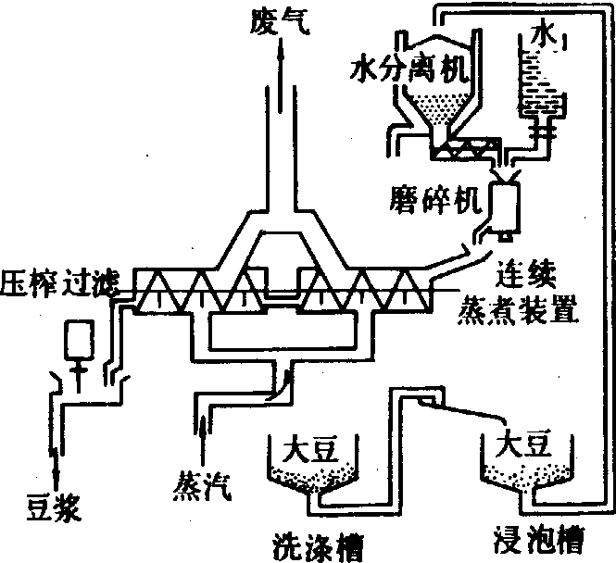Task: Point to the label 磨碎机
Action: (432, 197)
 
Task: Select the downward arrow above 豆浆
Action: (56, 463)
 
